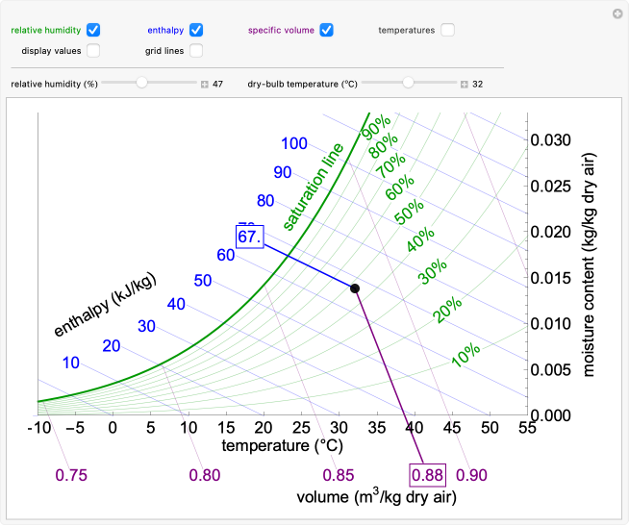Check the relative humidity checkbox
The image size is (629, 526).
(x=93, y=30)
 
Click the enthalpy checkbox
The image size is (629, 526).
(x=196, y=30)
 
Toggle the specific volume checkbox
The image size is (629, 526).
(x=327, y=30)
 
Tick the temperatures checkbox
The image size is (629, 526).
(x=448, y=30)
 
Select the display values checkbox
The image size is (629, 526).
(x=93, y=50)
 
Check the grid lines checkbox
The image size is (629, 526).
(x=196, y=50)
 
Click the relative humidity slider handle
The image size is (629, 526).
(x=142, y=84)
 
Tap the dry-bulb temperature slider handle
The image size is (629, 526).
(x=409, y=84)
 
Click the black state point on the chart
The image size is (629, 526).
(x=355, y=288)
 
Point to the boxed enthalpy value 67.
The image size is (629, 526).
(x=249, y=237)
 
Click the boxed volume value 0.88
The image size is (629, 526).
(x=426, y=475)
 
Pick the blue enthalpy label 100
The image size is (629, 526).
(x=294, y=144)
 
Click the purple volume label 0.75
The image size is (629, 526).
(x=71, y=475)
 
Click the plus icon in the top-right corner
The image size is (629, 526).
(x=617, y=13)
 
